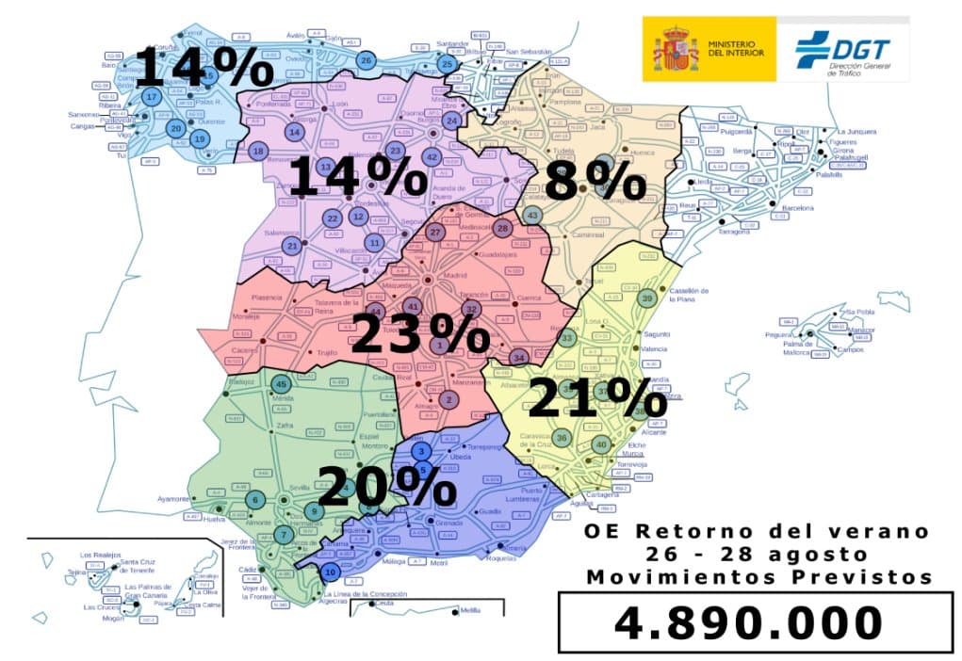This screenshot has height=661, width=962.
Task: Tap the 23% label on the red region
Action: pyautogui.click(x=419, y=334)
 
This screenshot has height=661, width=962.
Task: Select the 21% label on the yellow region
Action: pyautogui.click(x=596, y=398)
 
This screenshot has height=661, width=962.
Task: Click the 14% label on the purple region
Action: pyautogui.click(x=357, y=177)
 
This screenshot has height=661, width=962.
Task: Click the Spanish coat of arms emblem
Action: pyautogui.click(x=676, y=49)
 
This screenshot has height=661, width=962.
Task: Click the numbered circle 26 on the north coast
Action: pyautogui.click(x=366, y=60)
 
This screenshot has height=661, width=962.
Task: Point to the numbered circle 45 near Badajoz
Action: pyautogui.click(x=280, y=383)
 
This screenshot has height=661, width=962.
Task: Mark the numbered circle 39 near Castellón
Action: pyautogui.click(x=646, y=298)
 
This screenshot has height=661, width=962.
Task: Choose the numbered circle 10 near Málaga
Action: pyautogui.click(x=329, y=572)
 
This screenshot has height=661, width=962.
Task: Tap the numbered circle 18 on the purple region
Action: pyautogui.click(x=257, y=151)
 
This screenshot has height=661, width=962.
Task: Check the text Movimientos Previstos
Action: pyautogui.click(x=758, y=576)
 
